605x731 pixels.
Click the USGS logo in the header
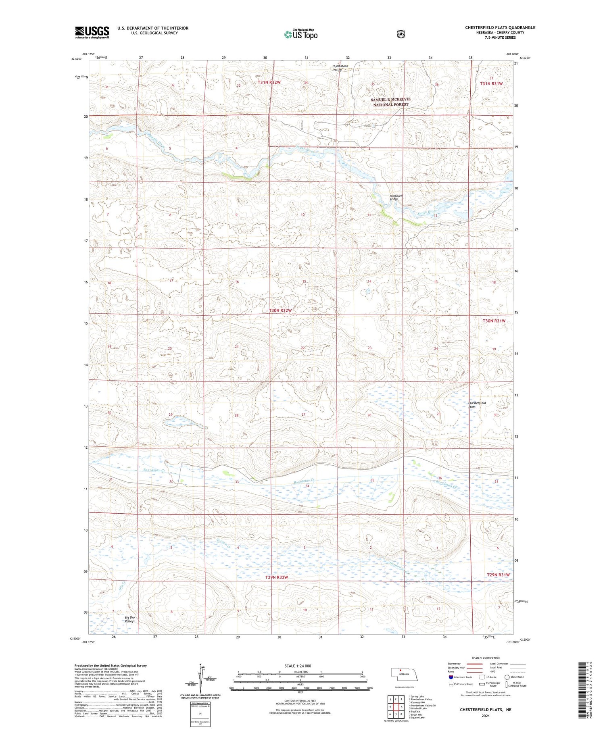[92, 32]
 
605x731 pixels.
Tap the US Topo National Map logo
[300, 34]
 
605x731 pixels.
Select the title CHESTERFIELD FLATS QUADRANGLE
[500, 27]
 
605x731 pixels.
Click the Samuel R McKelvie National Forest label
[390, 102]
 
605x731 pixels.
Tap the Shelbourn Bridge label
[396, 198]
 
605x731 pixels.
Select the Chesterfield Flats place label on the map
[477, 405]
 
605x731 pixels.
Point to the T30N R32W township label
[280, 311]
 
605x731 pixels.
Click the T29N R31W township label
[498, 575]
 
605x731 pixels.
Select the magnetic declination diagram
[200, 679]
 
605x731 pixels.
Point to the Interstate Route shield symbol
[451, 677]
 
